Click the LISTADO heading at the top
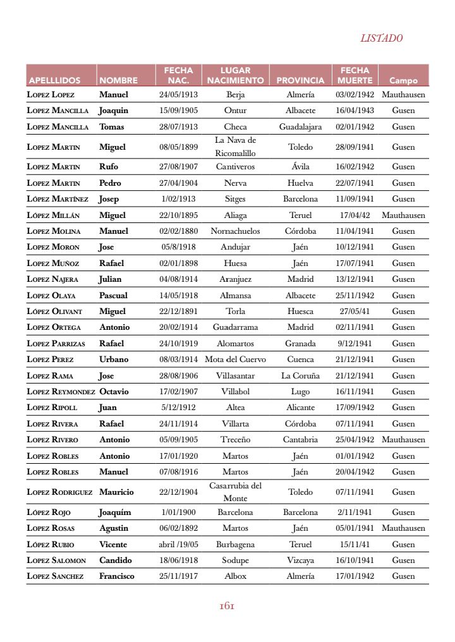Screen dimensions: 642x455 coord(381,39)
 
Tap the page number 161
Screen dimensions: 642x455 coord(227,606)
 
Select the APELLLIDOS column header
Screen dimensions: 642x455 coord(54,81)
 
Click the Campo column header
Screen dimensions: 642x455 coord(403,81)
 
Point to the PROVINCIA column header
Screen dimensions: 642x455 coord(300,81)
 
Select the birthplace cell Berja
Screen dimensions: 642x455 coord(235,95)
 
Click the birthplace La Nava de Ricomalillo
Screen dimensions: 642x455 coord(235,147)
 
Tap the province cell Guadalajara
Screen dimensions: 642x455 coord(300,127)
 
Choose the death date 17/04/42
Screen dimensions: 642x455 coord(355,215)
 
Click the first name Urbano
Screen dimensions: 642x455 coord(114,360)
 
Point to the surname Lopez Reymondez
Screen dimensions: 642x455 coord(61,392)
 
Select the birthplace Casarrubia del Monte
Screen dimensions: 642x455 coord(235,492)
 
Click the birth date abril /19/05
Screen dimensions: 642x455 coord(178,545)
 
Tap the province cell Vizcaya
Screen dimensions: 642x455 coord(300,560)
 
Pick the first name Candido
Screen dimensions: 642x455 coord(116,560)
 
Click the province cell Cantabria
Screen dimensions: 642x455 coord(300,440)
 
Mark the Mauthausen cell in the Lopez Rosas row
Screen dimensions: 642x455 coord(403,528)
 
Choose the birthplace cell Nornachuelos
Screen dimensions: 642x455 coord(235,231)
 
